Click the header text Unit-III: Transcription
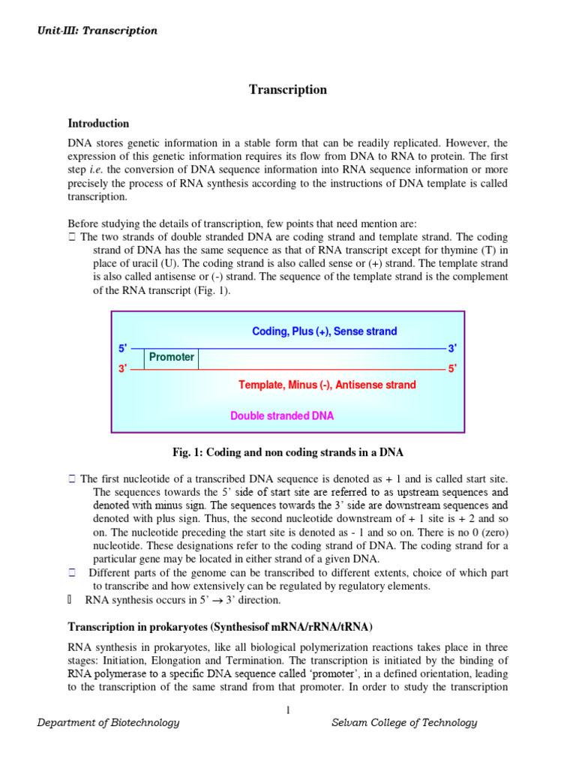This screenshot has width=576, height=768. (97, 31)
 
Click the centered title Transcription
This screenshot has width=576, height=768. (288, 90)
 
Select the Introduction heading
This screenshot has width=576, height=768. (98, 124)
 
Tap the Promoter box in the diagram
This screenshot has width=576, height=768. (171, 357)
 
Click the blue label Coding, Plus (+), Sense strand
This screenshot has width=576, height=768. (324, 331)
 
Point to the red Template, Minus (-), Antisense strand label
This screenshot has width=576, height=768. (327, 385)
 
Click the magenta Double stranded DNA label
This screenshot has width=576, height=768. (282, 415)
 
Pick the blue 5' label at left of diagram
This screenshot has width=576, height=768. (123, 349)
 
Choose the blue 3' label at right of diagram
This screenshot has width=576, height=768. (452, 349)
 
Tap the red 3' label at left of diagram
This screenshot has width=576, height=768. (123, 369)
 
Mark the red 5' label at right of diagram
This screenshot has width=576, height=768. (452, 369)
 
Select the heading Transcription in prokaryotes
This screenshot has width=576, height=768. (220, 627)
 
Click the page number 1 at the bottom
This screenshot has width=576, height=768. (288, 711)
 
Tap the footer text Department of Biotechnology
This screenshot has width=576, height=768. (109, 723)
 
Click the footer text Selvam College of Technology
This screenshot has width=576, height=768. (404, 723)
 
